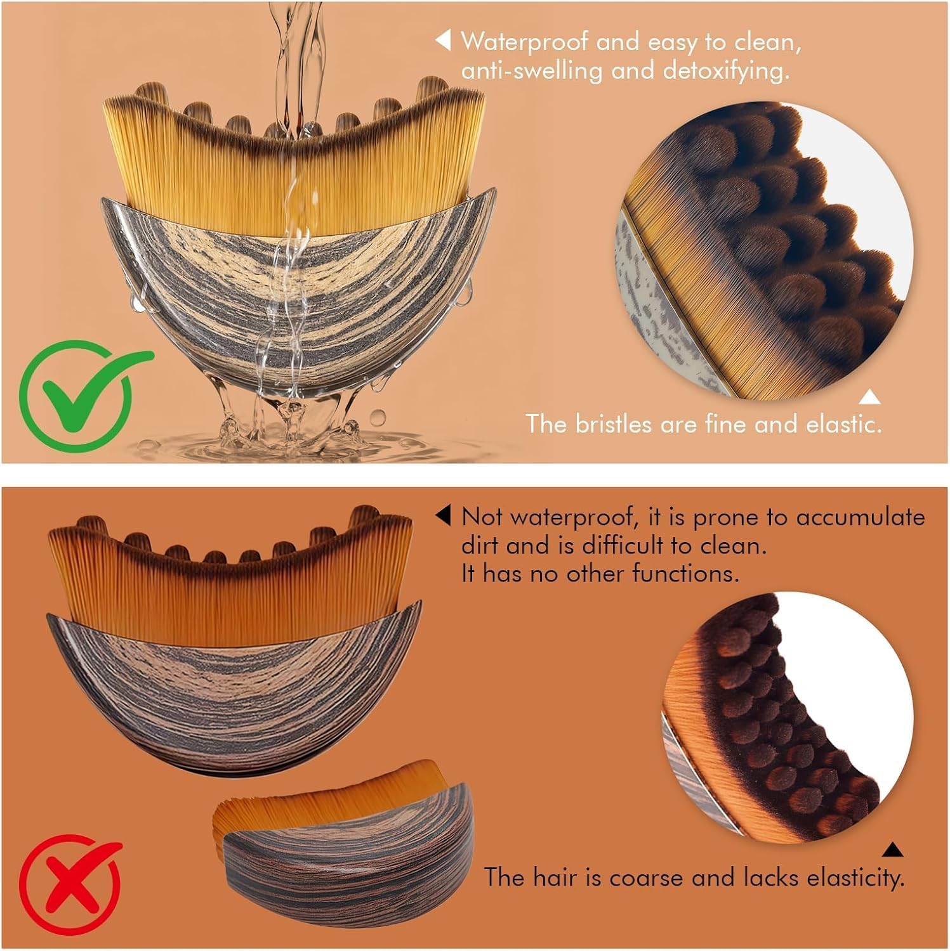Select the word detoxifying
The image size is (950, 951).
point(727,70)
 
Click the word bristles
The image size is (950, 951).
point(614,423)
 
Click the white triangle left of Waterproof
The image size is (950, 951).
point(442,41)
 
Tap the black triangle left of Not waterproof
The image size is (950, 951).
point(443,515)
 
